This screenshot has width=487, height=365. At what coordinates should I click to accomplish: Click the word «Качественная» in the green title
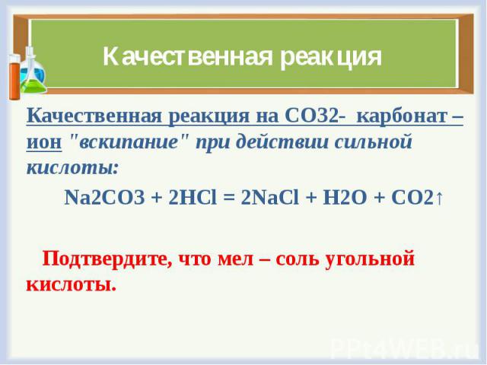[188, 57]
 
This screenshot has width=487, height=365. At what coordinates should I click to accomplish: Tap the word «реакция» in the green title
[331, 59]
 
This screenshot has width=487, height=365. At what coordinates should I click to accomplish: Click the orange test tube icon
[14, 77]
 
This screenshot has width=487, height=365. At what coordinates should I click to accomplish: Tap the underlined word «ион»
[44, 143]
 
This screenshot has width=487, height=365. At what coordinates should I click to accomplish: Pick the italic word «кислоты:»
[73, 169]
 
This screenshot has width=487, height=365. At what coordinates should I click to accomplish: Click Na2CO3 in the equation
[105, 198]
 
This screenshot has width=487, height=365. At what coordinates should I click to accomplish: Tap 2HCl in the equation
[193, 198]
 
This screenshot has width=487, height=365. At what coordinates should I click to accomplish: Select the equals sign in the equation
[229, 198]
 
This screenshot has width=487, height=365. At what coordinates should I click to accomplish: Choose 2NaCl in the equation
[269, 198]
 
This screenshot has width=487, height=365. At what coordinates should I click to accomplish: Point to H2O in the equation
[345, 198]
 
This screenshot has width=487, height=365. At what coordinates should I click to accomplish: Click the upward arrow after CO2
[439, 198]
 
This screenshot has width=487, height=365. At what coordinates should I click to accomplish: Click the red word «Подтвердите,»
[107, 259]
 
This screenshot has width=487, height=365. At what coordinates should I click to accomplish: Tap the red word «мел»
[236, 259]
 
